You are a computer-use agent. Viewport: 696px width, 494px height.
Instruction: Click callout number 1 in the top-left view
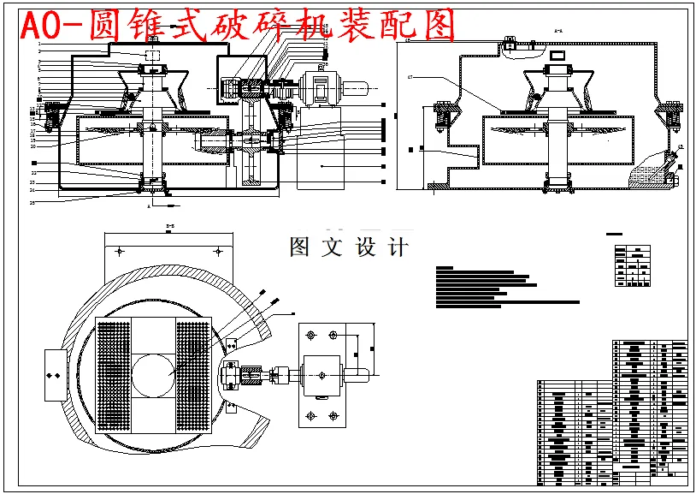point(39,44)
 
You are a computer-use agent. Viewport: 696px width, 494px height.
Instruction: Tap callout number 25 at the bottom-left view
point(32,203)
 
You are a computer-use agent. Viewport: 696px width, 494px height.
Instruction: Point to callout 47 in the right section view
point(410,78)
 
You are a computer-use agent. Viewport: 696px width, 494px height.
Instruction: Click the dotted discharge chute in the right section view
point(650,171)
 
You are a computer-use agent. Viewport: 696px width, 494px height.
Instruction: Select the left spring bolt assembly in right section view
point(444,120)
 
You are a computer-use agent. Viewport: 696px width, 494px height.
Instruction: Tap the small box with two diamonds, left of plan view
point(52,375)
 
